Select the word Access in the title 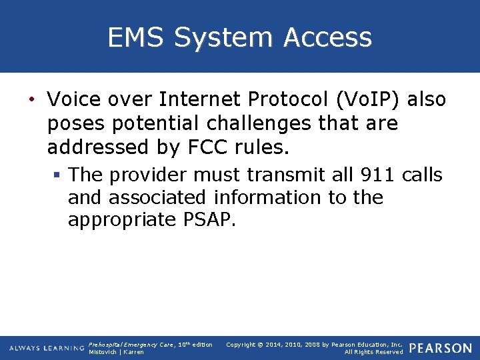pyautogui.click(x=327, y=37)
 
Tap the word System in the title pyautogui.click(x=227, y=37)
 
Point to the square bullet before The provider pyautogui.click(x=58, y=175)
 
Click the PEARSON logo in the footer pyautogui.click(x=441, y=348)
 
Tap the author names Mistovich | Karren pyautogui.click(x=116, y=352)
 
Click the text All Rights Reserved pyautogui.click(x=373, y=352)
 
